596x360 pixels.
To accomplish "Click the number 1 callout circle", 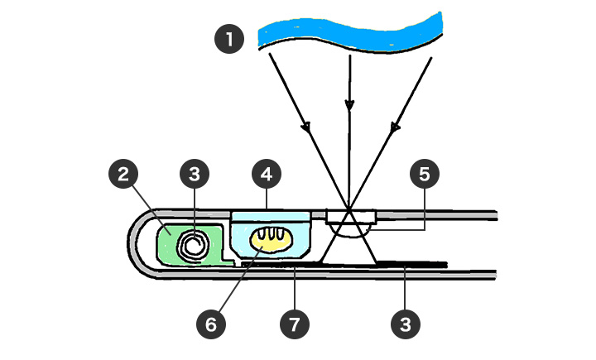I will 229,39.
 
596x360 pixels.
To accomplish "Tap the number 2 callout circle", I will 123,175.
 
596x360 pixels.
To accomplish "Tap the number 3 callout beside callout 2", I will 195,175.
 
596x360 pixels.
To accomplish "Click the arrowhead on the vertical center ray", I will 349,105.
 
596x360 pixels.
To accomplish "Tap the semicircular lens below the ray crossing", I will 350,230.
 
